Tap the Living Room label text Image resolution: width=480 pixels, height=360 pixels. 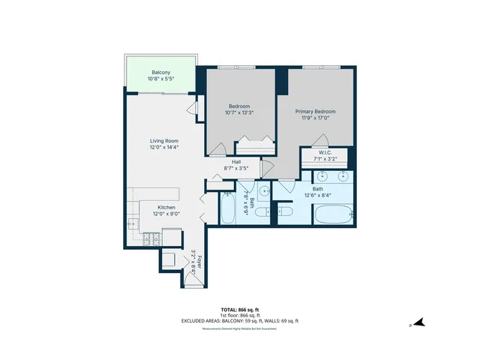pos(163,141)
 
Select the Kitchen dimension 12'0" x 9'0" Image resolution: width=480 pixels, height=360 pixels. pos(166,214)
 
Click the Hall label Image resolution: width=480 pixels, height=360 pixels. pos(236,162)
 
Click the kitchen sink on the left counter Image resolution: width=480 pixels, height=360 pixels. pos(133,223)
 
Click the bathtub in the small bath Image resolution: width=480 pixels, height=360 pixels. pos(227,208)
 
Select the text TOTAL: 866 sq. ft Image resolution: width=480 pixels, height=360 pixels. pos(240,310)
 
